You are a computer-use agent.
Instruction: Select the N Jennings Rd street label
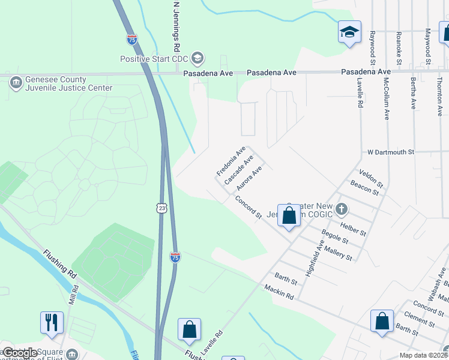176,26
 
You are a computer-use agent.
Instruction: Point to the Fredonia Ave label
232,163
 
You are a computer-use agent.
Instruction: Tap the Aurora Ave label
249,178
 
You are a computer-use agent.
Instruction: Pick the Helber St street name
353,229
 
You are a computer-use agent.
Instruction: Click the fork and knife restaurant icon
52,322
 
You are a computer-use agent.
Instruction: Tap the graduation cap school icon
349,32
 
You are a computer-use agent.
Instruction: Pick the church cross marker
342,209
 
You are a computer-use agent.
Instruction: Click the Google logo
20,353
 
